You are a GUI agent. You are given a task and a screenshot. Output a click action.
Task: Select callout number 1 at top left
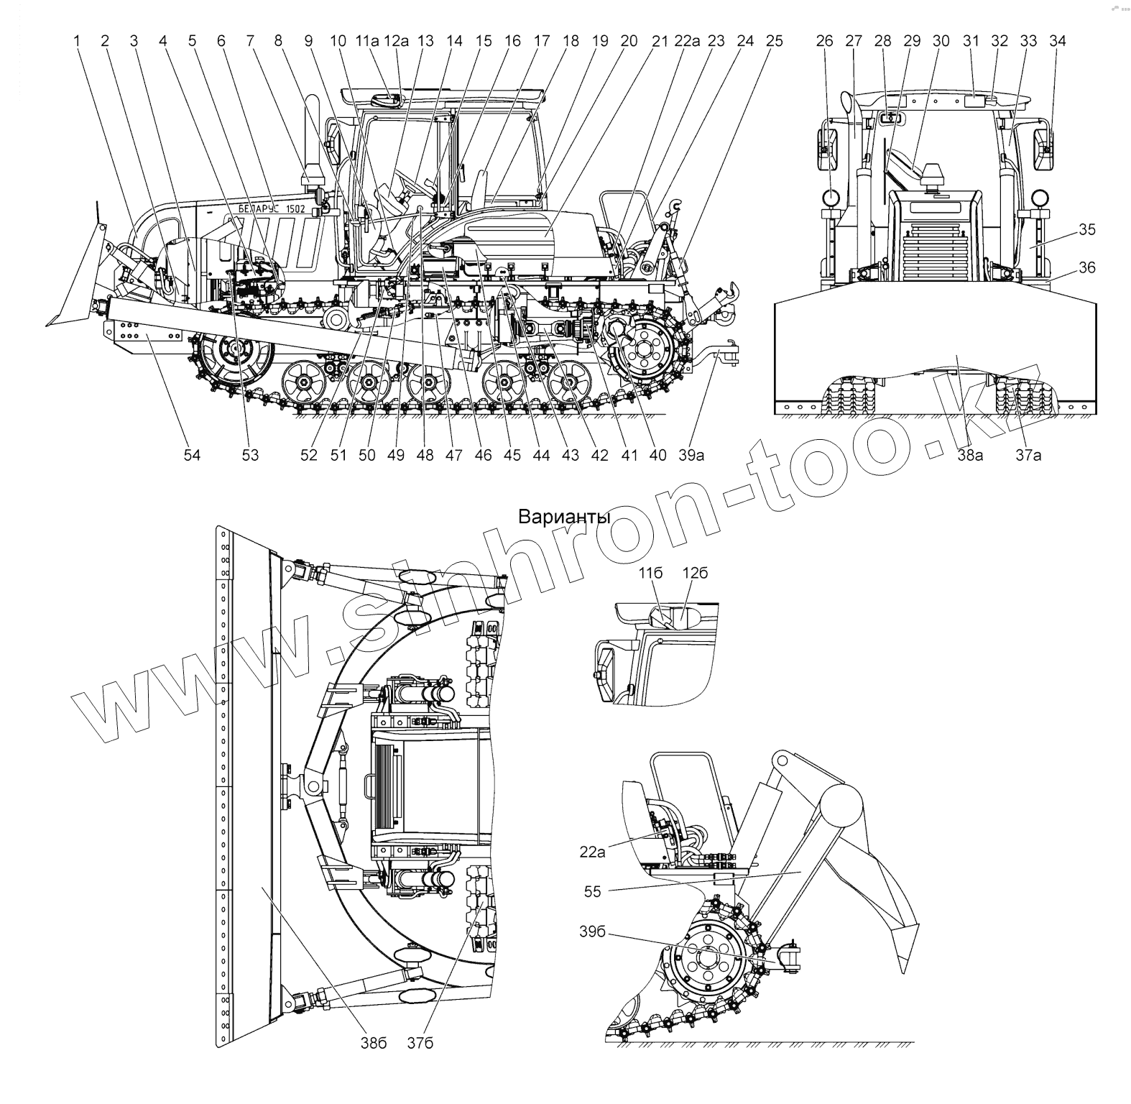tap(76, 41)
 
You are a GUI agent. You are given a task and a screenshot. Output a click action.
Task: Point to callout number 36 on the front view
tap(1087, 267)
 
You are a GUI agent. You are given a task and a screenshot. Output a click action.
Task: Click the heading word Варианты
tap(564, 517)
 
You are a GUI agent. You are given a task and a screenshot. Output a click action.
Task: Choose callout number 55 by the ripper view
tap(593, 891)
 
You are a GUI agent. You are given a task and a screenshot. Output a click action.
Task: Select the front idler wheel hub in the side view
tap(234, 351)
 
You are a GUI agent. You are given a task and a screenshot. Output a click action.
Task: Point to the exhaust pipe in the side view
tap(313, 137)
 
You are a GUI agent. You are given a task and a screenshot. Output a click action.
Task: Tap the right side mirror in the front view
tap(1044, 149)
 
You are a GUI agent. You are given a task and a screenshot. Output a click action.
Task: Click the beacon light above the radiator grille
tap(933, 173)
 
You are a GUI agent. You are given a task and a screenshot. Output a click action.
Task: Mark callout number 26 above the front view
tap(824, 41)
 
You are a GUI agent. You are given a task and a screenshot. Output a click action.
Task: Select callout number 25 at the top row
tap(774, 41)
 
